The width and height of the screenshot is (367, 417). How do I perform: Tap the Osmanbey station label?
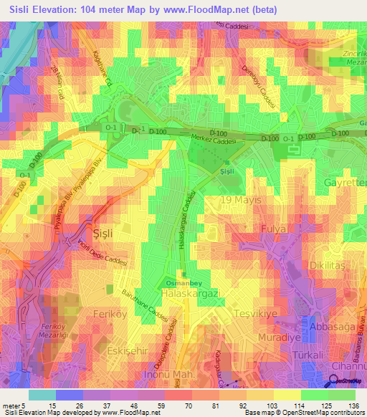[183, 281]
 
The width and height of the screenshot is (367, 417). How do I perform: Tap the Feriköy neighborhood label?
[110, 315]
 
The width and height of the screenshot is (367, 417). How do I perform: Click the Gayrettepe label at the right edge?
[345, 183]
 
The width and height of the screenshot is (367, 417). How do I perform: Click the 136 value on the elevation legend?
[353, 406]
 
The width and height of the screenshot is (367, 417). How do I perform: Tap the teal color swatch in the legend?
[42, 395]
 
